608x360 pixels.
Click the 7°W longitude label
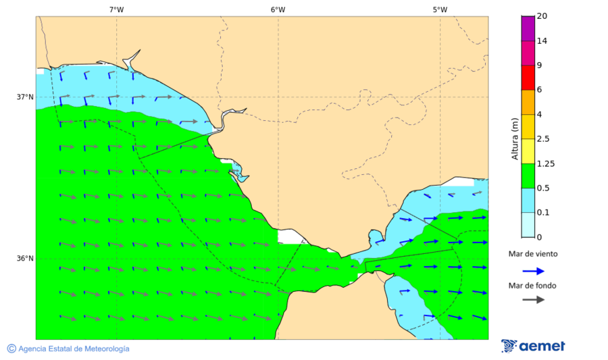click(116, 9)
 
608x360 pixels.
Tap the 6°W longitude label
click(278, 9)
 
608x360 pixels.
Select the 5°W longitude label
click(440, 9)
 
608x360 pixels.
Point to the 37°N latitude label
click(25, 97)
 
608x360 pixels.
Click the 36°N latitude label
click(25, 258)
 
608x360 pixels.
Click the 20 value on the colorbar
click(542, 16)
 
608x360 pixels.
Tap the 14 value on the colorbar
click(542, 41)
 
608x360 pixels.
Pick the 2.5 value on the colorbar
click(542, 139)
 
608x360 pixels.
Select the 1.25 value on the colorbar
click(544, 163)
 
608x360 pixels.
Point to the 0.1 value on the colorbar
click(542, 213)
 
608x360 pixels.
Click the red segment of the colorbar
click(528, 77)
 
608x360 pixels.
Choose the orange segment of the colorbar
click(528, 102)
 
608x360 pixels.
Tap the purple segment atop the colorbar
click(528, 28)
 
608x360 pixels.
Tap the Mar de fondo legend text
click(533, 286)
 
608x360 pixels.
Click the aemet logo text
click(542, 346)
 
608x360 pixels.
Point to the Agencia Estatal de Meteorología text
click(74, 349)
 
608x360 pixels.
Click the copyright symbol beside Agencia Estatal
click(11, 349)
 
